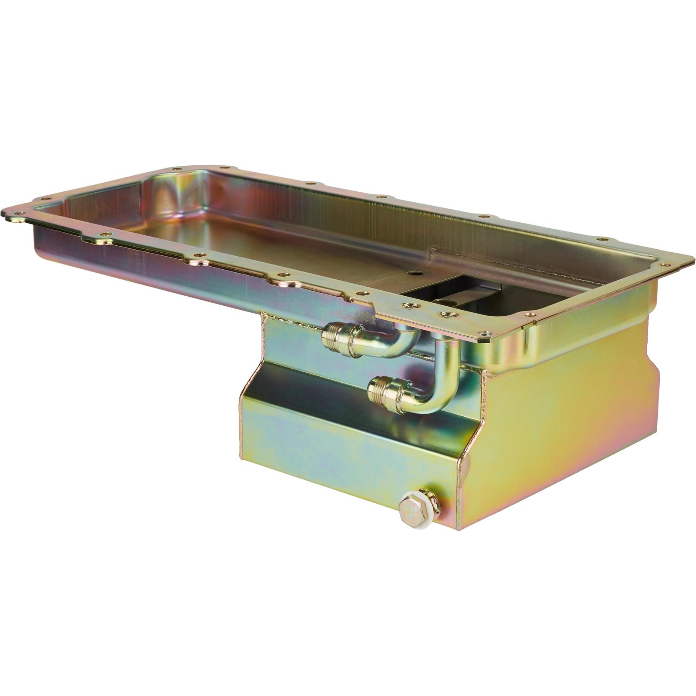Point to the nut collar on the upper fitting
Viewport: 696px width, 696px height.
pos(348,337)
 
